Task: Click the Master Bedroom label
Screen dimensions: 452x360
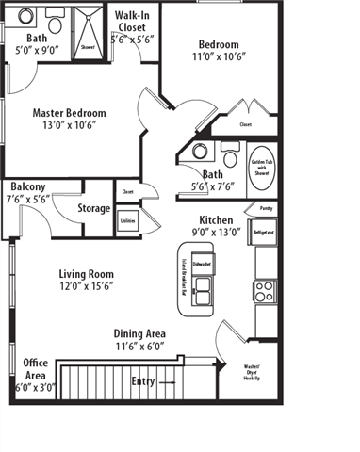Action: (x=69, y=113)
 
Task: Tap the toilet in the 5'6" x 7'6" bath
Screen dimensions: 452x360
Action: (x=229, y=153)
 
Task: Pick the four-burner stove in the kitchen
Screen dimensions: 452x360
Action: (x=265, y=289)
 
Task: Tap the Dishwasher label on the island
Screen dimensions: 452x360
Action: (x=201, y=265)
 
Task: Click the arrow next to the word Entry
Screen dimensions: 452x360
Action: (x=167, y=383)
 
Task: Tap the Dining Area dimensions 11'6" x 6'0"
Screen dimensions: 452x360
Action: (x=139, y=346)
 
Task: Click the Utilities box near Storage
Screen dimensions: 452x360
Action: (x=127, y=220)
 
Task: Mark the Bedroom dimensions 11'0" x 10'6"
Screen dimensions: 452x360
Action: (x=217, y=56)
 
